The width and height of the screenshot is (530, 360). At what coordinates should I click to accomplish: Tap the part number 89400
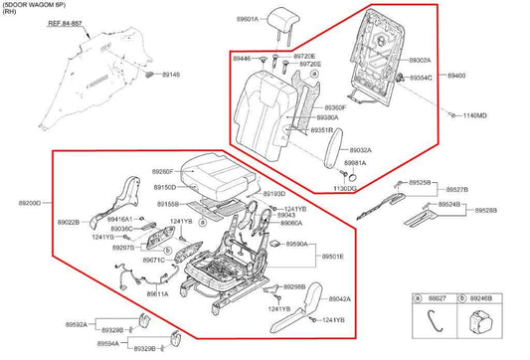click(456, 76)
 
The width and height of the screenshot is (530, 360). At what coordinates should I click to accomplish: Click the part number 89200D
click(29, 203)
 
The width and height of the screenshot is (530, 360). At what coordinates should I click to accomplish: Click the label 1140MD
click(474, 116)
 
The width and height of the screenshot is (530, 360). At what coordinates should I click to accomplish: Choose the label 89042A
click(339, 299)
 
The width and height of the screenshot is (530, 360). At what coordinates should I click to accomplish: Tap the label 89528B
click(485, 211)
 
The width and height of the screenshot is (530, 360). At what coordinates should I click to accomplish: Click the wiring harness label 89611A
click(157, 294)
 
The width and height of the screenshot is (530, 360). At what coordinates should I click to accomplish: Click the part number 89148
click(171, 75)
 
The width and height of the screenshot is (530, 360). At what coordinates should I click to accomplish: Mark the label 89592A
click(78, 324)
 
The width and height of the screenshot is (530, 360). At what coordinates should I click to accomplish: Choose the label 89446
click(243, 59)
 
